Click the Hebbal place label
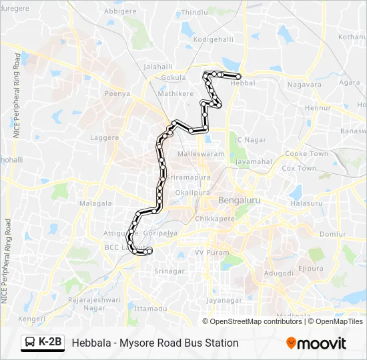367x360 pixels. coord(242,83)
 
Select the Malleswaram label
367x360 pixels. coord(200,153)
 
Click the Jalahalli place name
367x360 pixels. coord(158,67)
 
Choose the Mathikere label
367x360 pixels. coord(175,94)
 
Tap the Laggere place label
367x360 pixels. coord(104,138)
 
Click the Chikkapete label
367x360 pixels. coord(215,219)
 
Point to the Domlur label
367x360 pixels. coord(332,235)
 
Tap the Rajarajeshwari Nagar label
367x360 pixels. coord(95,304)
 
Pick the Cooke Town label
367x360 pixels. coord(307,154)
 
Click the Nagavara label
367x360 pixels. coord(304,85)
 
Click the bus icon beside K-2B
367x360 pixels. coord(30,343)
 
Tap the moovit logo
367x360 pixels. coord(316,343)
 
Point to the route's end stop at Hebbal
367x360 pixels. coord(238,77)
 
